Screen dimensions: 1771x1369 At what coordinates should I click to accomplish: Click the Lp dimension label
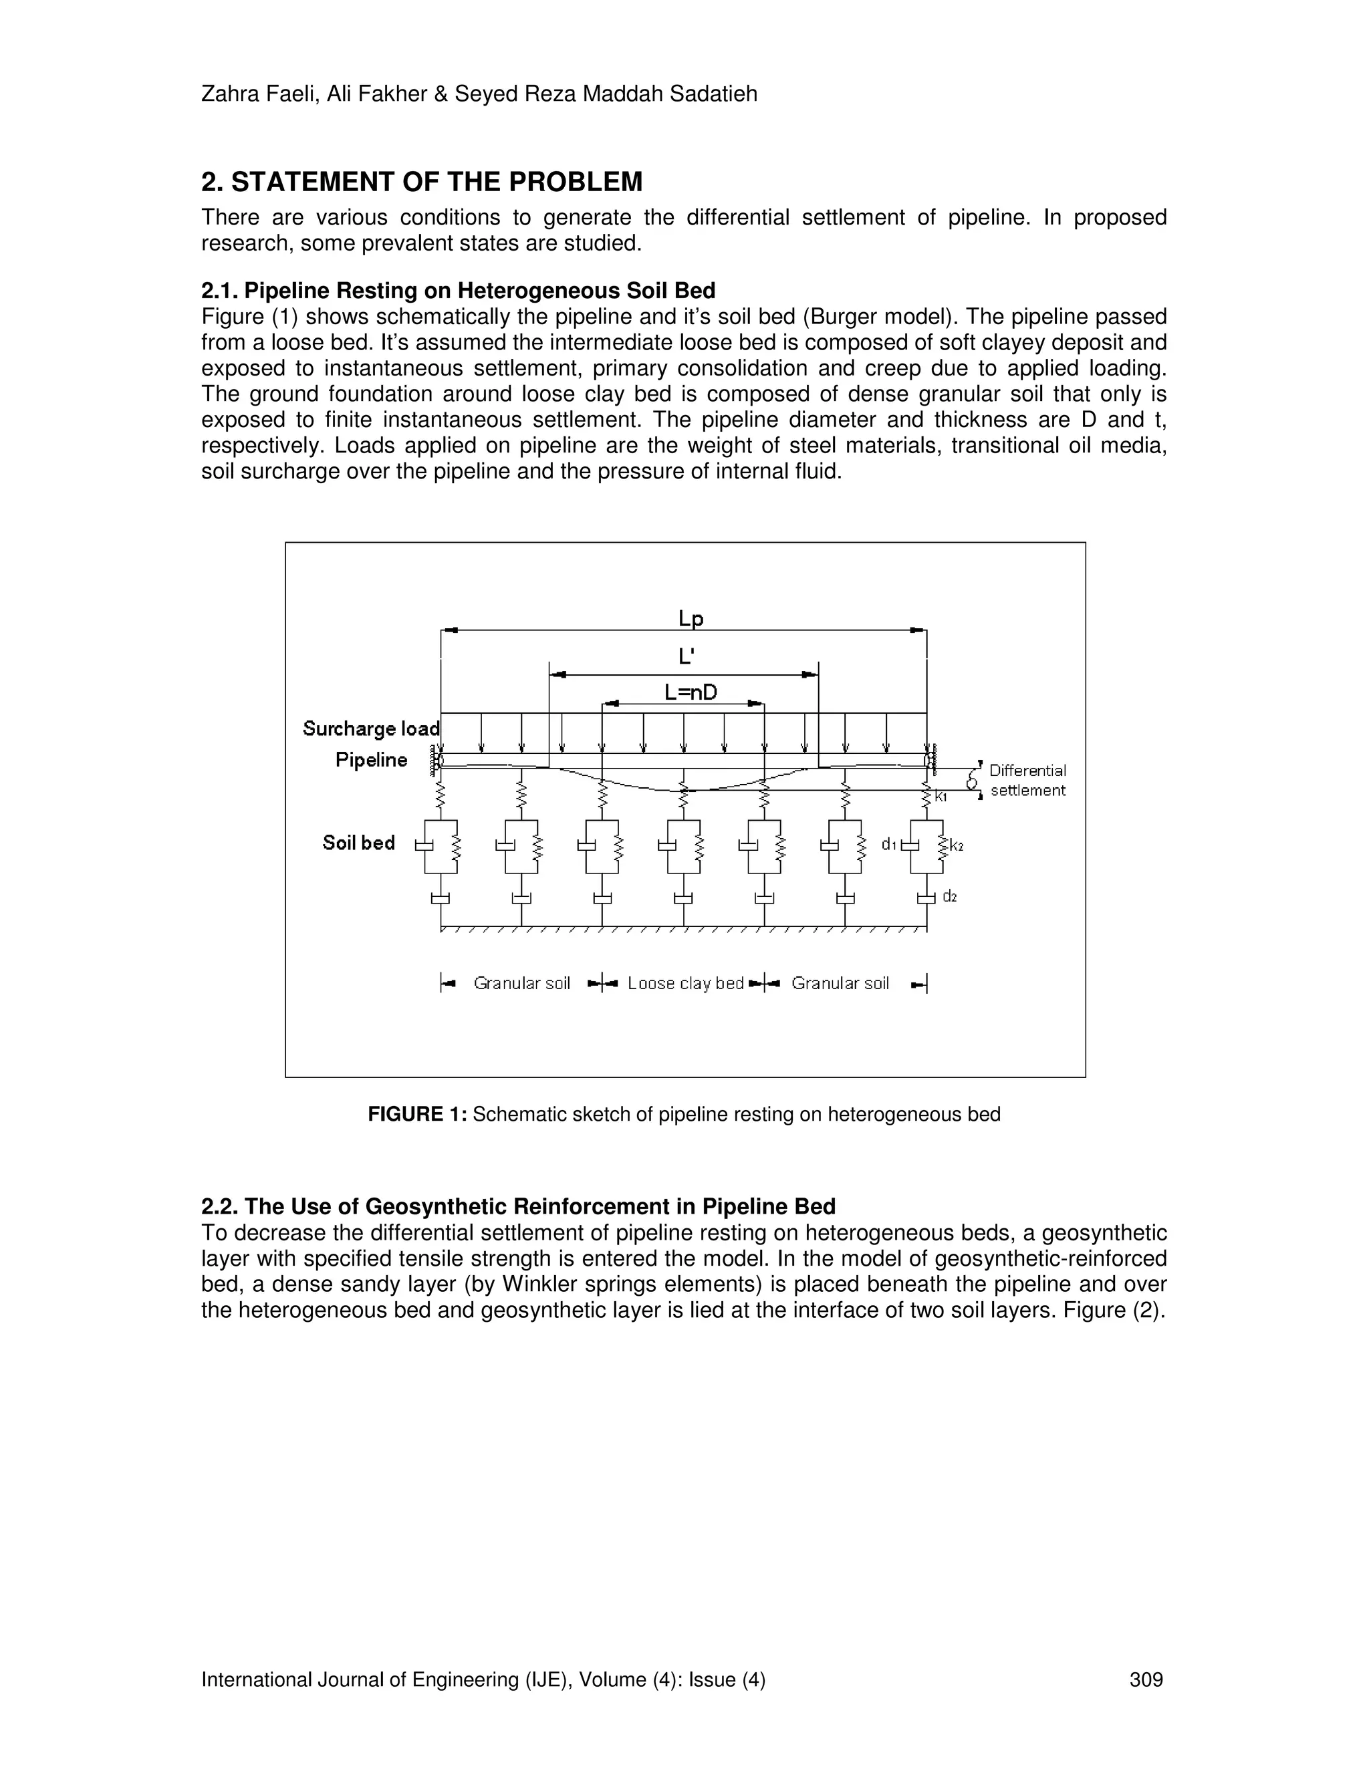point(691,620)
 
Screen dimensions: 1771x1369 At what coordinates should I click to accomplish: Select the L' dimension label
point(686,656)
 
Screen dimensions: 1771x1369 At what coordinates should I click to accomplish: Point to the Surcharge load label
point(370,728)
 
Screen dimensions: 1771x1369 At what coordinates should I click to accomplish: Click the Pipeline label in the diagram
point(372,760)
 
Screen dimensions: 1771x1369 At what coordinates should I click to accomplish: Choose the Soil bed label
point(358,843)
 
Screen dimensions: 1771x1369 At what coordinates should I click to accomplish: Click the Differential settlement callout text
point(1027,780)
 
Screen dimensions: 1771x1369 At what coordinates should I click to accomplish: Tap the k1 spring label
point(941,797)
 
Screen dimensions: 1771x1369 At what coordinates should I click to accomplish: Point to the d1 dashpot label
point(889,845)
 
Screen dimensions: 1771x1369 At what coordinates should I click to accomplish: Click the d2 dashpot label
point(950,896)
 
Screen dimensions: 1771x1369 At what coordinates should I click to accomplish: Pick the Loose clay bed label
point(685,984)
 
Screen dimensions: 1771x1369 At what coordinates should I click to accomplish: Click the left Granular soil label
point(521,984)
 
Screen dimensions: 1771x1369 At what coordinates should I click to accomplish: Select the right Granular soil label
point(840,984)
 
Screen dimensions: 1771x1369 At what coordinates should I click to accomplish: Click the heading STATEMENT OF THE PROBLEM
point(437,182)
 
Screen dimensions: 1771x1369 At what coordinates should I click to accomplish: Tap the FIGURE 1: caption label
point(418,1114)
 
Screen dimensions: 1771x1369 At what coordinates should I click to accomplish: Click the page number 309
point(1146,1679)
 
